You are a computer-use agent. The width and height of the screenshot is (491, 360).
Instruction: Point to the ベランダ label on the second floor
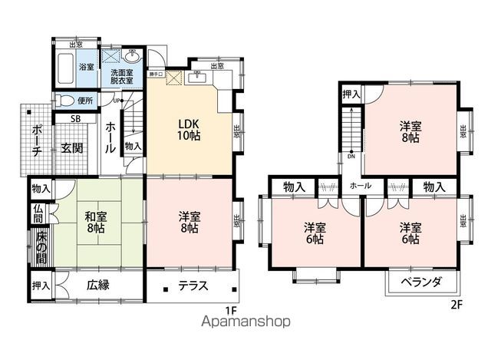421,282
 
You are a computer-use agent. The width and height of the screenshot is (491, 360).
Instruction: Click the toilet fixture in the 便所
66,101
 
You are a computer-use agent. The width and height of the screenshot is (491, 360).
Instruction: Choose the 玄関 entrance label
72,147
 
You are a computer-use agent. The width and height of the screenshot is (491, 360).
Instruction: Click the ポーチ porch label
37,141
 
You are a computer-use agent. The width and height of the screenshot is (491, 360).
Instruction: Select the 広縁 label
97,285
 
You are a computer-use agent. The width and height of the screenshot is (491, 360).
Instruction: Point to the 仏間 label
38,213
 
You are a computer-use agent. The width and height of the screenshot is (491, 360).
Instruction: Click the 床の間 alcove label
41,246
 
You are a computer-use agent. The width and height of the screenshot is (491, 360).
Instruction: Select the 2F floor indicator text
456,304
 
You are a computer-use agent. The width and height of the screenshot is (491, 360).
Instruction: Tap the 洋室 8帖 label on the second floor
409,131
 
